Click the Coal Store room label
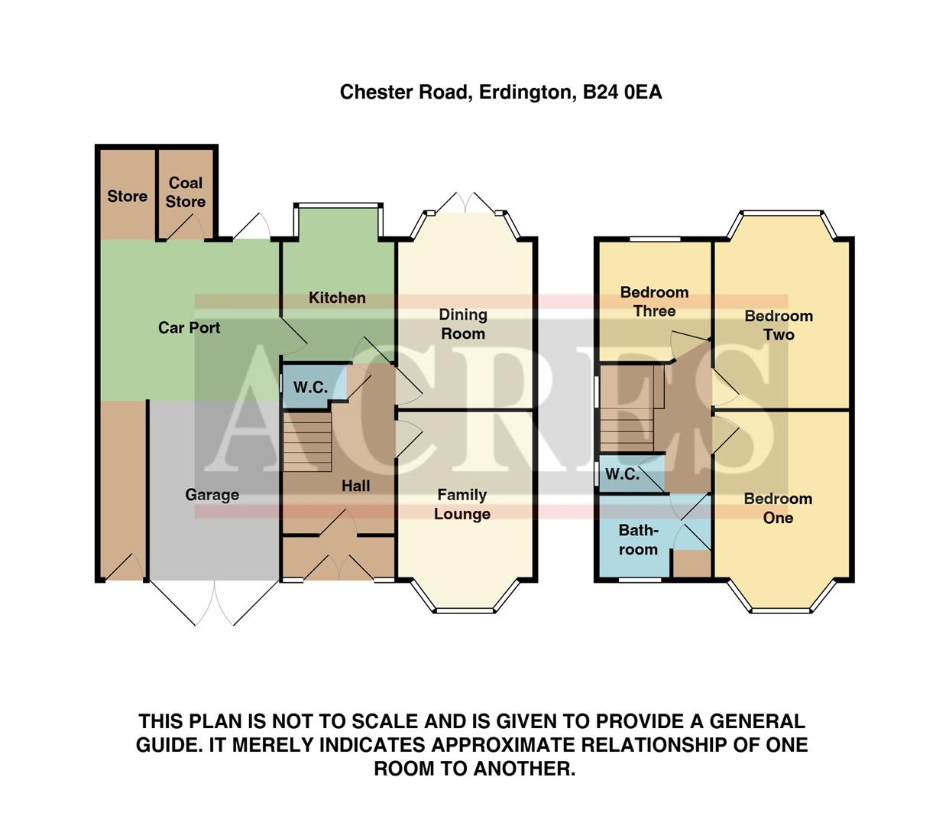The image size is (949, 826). pyautogui.click(x=186, y=192)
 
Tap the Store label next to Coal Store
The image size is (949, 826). pyautogui.click(x=127, y=197)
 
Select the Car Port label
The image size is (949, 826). pyautogui.click(x=189, y=327)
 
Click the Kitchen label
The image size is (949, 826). pyautogui.click(x=337, y=298)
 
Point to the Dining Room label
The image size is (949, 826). pyautogui.click(x=462, y=324)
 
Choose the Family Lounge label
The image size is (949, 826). pyautogui.click(x=462, y=504)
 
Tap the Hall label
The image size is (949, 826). pyautogui.click(x=355, y=486)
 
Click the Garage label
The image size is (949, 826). pyautogui.click(x=212, y=495)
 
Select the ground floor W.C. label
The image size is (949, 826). pyautogui.click(x=310, y=387)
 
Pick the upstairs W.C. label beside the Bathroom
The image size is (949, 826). pyautogui.click(x=622, y=474)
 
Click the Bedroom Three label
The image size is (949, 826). pyautogui.click(x=654, y=301)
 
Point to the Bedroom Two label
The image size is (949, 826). pyautogui.click(x=779, y=325)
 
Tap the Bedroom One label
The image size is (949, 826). pyautogui.click(x=778, y=508)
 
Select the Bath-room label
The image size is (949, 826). pyautogui.click(x=638, y=540)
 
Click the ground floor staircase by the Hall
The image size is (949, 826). pyautogui.click(x=307, y=442)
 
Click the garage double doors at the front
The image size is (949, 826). pyautogui.click(x=214, y=603)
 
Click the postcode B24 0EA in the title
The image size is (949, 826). pyautogui.click(x=622, y=93)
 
